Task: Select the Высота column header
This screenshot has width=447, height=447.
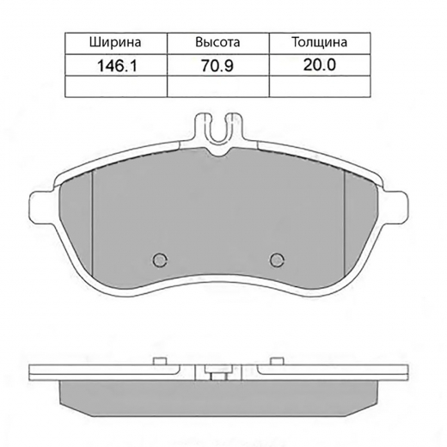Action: pyautogui.click(x=217, y=41)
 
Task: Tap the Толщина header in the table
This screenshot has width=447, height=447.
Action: pyautogui.click(x=320, y=41)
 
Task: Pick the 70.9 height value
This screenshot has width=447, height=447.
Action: pyautogui.click(x=217, y=64)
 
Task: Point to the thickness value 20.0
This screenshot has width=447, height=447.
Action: pyautogui.click(x=320, y=64)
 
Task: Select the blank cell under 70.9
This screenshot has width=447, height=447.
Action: pyautogui.click(x=217, y=85)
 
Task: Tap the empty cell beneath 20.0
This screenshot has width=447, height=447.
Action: pyautogui.click(x=320, y=85)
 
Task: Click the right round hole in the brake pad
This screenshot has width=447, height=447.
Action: pyautogui.click(x=276, y=259)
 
